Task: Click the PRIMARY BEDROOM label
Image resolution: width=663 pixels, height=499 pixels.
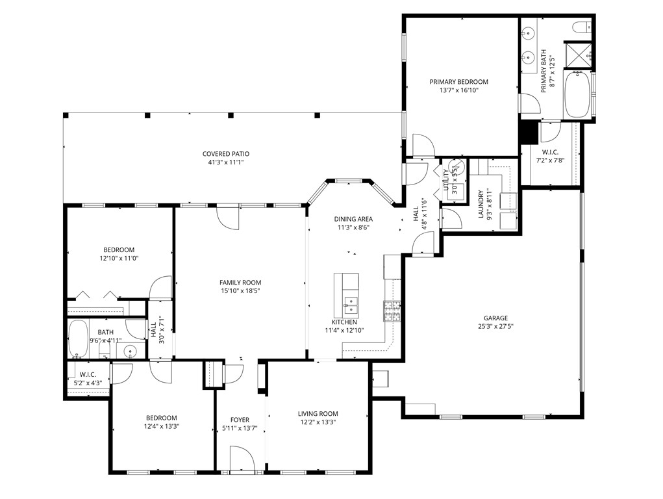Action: coord(458,82)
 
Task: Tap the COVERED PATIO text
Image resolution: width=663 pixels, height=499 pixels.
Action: coord(225,154)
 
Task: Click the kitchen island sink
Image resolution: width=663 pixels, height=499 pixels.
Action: coord(350,301)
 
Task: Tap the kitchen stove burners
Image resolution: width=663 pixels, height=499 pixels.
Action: coord(392,311)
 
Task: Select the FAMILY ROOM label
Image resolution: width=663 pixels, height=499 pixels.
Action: coord(240,283)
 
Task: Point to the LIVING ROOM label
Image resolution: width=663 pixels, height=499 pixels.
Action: coord(318,414)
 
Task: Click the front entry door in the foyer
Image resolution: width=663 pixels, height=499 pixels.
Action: coord(242,457)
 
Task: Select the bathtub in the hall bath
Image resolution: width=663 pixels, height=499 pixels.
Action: coord(79,339)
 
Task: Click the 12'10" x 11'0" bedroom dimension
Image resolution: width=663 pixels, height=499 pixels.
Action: coord(119,258)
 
